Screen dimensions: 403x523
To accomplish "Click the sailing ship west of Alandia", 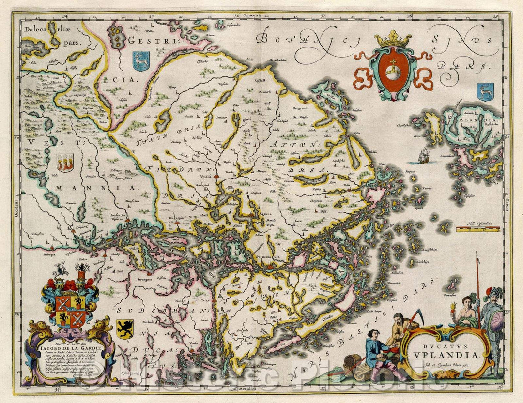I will tap(422, 156).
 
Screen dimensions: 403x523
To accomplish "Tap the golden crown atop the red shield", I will tap(393, 39).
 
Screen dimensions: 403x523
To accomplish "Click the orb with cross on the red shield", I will tap(393, 68).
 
